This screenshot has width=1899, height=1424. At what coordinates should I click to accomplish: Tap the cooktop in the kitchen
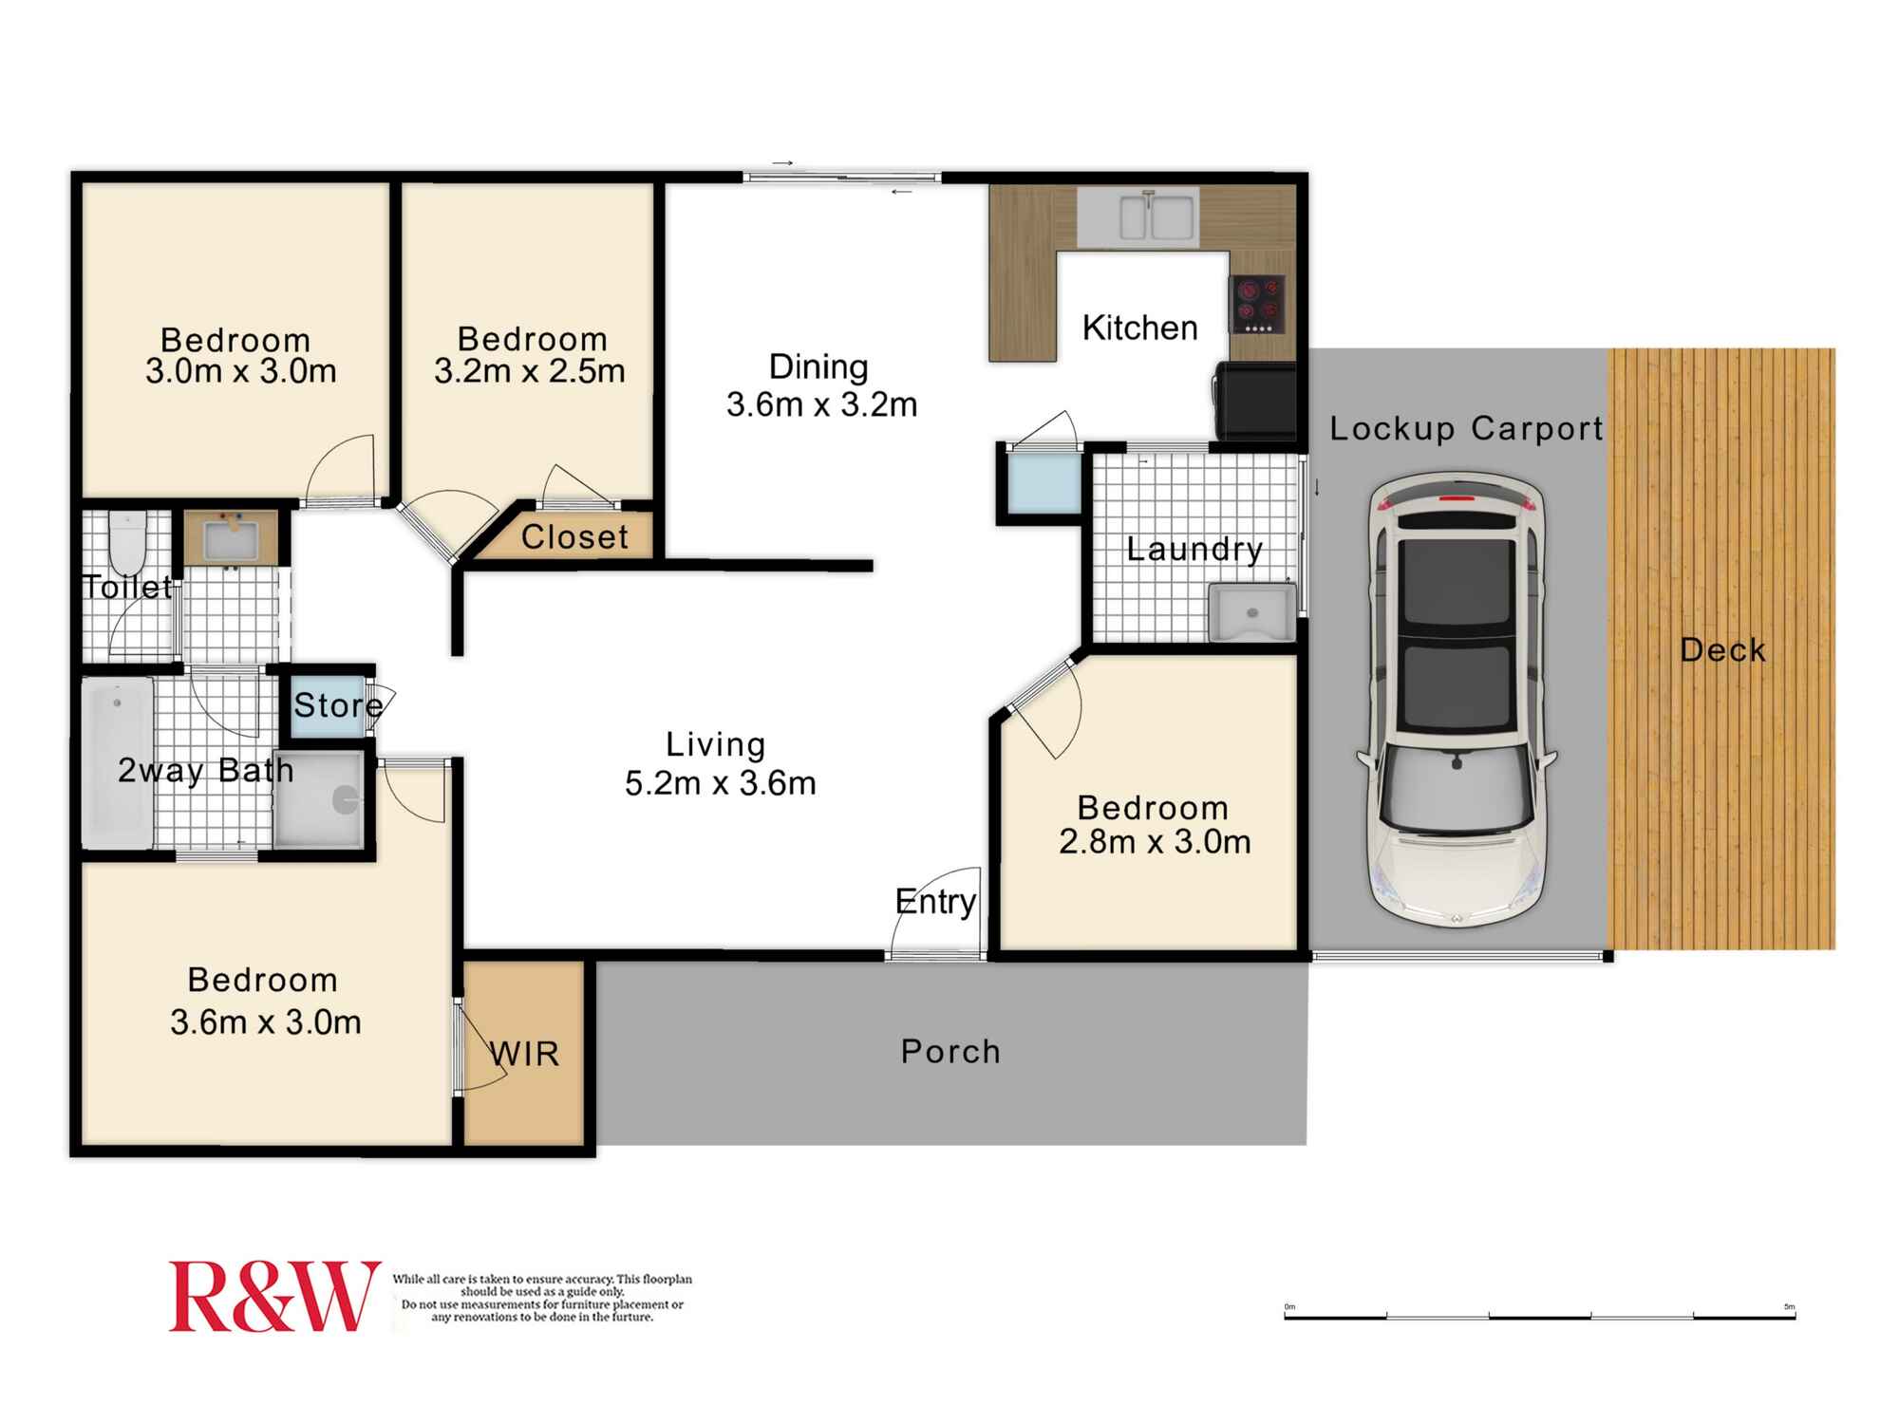coord(1258,304)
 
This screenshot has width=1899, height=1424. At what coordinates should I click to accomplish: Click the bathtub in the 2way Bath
coord(118,761)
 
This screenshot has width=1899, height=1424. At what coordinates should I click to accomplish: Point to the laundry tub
coord(1251,612)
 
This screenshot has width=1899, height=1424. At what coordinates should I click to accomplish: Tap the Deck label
coord(1721,650)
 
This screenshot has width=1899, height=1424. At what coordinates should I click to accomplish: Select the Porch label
coord(950,1052)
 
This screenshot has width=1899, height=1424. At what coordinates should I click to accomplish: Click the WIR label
coord(525,1054)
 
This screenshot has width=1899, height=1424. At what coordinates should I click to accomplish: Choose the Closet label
coord(574,537)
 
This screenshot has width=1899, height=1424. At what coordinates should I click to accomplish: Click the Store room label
coord(337,705)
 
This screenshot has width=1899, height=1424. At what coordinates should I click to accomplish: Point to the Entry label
coord(935,901)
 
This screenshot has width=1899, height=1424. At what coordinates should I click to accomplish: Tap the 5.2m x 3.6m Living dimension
coord(720,783)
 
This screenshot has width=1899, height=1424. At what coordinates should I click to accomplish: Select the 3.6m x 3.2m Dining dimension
coord(821,404)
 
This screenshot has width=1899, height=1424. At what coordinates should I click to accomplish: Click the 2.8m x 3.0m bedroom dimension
coord(1155,841)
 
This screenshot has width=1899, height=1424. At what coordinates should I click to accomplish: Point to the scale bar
coord(1539,1317)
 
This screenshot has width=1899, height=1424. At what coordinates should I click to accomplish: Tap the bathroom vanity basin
coord(231,539)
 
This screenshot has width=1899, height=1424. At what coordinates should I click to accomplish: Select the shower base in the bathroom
coord(319,799)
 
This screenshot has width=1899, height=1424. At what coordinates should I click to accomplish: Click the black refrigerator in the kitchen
coord(1255,401)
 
